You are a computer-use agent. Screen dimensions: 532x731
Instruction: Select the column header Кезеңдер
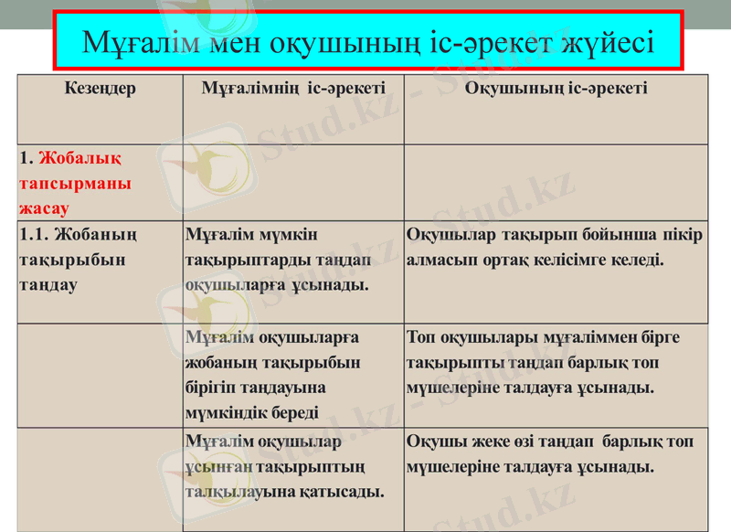[x=101, y=89]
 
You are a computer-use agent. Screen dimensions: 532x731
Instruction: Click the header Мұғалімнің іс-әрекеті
[x=293, y=89]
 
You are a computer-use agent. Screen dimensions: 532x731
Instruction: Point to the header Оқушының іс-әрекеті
[x=556, y=89]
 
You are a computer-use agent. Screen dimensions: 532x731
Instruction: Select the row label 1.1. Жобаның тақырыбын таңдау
[x=78, y=260]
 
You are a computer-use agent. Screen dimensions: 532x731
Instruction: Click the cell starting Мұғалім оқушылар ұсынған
[x=283, y=467]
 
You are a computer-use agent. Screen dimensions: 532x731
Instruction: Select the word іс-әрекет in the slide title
[x=483, y=42]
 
